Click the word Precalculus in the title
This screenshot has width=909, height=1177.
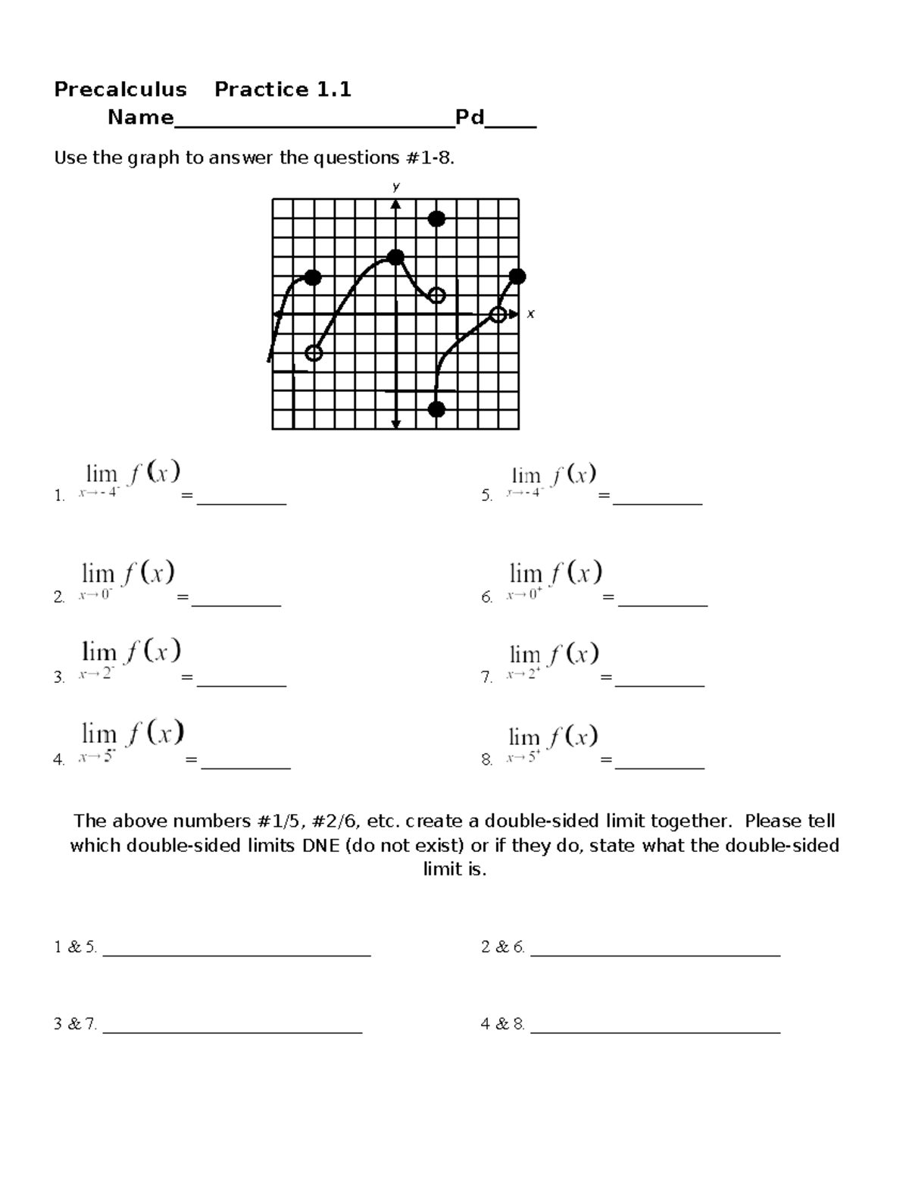click(x=120, y=89)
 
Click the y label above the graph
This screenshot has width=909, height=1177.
click(x=395, y=186)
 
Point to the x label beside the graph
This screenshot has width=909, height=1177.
click(x=531, y=314)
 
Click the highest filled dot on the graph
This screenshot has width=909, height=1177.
click(x=436, y=219)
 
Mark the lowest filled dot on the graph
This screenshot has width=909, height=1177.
click(x=436, y=409)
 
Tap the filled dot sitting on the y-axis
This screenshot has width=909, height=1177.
click(x=395, y=257)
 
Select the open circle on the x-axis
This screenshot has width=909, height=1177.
click(x=498, y=314)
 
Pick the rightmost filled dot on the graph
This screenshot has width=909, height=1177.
click(x=517, y=277)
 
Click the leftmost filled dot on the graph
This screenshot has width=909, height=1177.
click(x=313, y=278)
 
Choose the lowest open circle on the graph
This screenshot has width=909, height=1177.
click(x=314, y=353)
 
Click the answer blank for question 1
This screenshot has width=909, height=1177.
click(x=242, y=500)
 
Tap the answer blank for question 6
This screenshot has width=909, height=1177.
click(x=662, y=603)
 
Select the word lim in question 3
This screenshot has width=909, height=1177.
click(x=98, y=652)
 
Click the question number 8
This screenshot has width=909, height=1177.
click(x=486, y=759)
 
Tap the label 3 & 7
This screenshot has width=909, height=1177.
click(x=75, y=1024)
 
